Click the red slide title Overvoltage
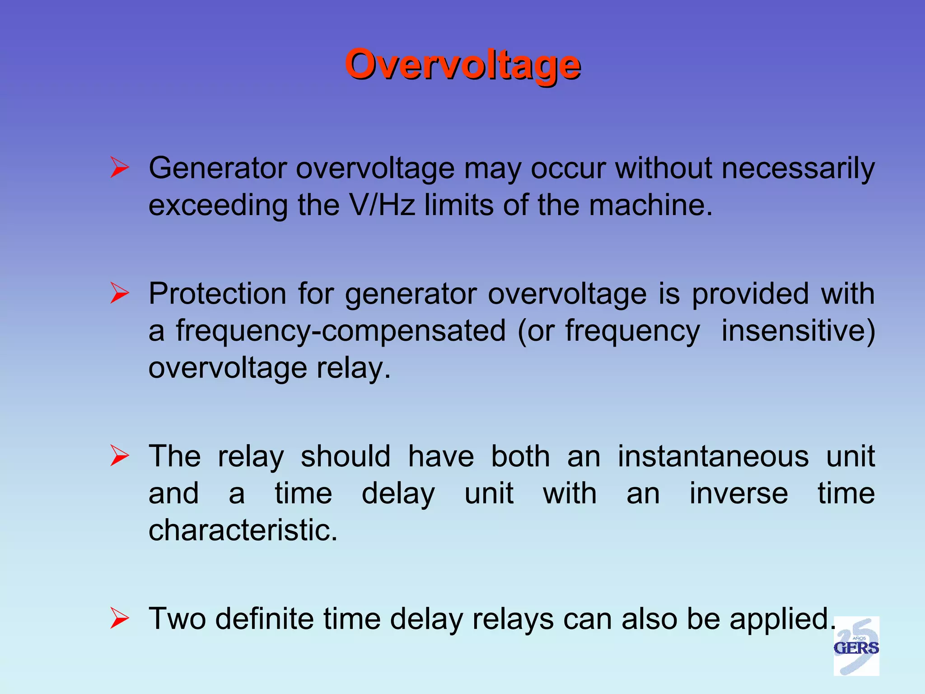coord(462,65)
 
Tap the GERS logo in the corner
coord(856,646)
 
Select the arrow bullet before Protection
coord(120,293)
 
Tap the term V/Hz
coord(382,205)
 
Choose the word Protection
coord(218,294)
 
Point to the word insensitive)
coord(798,331)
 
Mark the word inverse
coord(738,493)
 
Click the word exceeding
coord(218,206)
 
